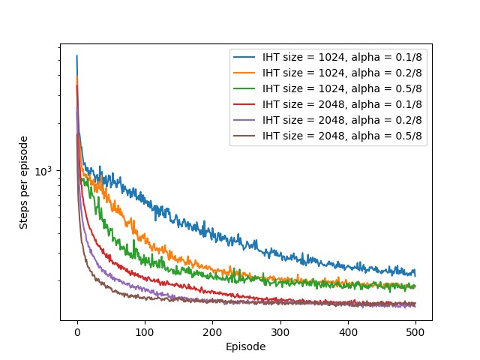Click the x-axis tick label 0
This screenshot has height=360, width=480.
77,331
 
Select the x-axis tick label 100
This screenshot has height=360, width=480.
145,331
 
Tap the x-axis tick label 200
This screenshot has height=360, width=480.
213,331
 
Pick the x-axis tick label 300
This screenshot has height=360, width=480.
280,331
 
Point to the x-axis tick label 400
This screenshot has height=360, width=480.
348,331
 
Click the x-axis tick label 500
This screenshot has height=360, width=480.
416,331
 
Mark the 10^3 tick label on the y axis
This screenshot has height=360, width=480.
46,171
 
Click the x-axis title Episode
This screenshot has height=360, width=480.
246,346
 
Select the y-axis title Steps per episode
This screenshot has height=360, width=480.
24,182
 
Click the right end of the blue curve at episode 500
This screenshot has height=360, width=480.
415,274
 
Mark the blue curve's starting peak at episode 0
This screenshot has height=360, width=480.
76,55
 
